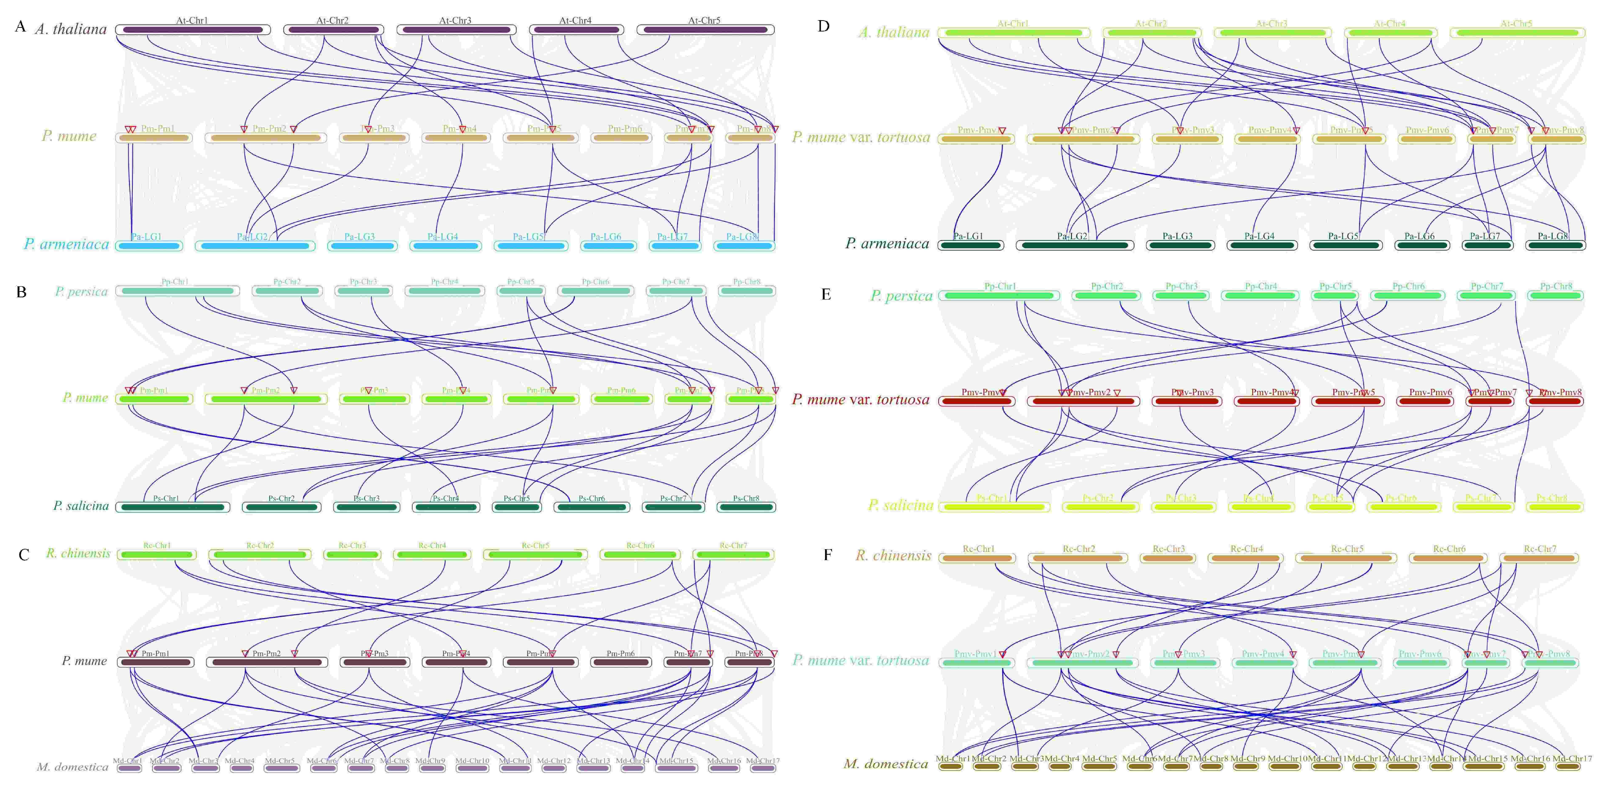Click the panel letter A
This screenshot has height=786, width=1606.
tap(21, 27)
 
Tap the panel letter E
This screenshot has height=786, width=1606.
tap(826, 294)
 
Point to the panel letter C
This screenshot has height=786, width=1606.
tap(24, 555)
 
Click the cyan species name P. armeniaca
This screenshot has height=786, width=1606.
tap(66, 244)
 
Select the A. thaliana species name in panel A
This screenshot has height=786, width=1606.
tap(70, 29)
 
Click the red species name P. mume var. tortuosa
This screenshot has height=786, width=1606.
tap(860, 400)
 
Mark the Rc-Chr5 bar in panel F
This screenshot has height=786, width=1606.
tap(1347, 558)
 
